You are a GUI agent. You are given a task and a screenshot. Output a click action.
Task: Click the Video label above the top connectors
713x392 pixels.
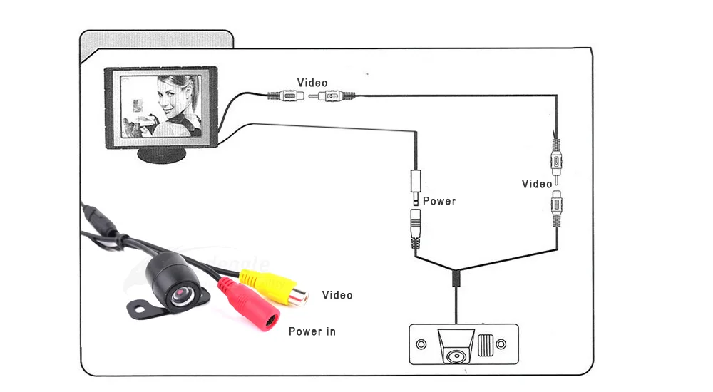pos(312,83)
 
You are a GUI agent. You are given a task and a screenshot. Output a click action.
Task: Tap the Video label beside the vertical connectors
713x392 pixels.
pos(537,184)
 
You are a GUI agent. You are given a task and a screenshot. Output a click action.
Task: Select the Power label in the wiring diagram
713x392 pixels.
pos(439,201)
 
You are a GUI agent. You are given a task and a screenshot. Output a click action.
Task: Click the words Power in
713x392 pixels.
pos(312,331)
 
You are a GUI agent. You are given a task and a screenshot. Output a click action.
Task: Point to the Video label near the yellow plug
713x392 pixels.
pos(337,295)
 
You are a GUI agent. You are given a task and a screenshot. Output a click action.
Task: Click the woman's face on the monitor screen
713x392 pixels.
pos(174,100)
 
